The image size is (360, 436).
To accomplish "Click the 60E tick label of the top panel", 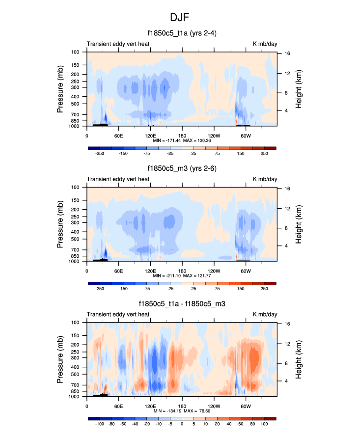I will pos(118,135).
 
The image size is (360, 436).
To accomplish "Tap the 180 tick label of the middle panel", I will pos(182,270).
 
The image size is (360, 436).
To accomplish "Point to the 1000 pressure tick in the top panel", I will pos(75,126).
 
